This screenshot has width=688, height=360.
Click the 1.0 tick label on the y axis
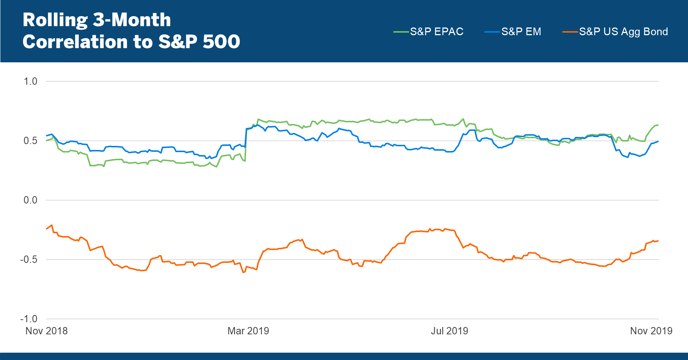[x=30, y=81]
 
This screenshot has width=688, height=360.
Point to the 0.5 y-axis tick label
[x=30, y=141]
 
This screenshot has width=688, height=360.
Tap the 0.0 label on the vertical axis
[x=30, y=200]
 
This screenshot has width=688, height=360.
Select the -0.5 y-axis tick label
[x=29, y=260]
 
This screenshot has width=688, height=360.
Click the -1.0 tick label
[x=29, y=319]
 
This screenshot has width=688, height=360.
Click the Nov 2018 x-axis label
[x=47, y=331]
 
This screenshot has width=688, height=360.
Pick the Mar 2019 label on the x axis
[x=248, y=331]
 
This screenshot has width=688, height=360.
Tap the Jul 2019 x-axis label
[x=449, y=331]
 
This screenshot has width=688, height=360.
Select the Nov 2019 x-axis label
[x=651, y=331]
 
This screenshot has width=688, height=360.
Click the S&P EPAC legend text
[x=437, y=32]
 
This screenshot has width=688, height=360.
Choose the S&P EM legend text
[x=521, y=32]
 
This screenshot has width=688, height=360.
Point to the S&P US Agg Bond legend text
[x=623, y=32]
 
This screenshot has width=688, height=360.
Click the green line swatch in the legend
[x=401, y=32]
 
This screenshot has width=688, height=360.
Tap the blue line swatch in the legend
[x=492, y=32]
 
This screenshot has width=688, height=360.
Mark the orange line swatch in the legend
[x=570, y=32]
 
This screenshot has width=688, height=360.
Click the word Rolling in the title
[x=55, y=20]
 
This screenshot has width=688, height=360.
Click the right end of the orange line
[x=658, y=241]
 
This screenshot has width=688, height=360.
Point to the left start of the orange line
[x=47, y=229]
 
